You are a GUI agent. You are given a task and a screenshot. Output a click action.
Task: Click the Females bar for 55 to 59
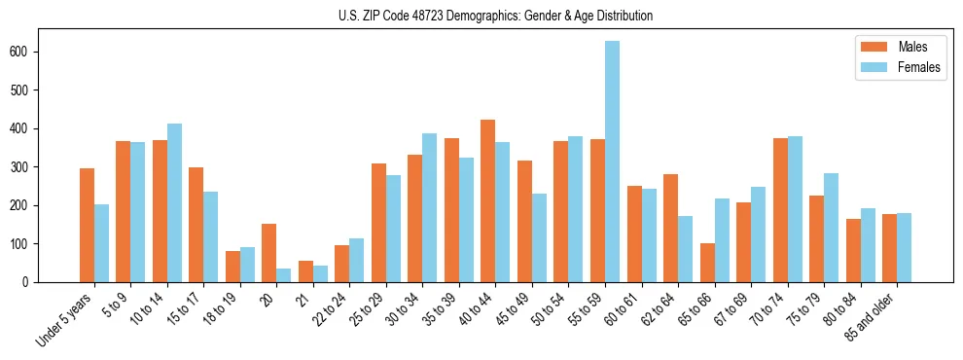pos(612,162)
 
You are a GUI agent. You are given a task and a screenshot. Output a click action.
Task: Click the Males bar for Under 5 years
pos(88,226)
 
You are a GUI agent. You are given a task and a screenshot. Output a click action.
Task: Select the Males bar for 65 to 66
pos(707,263)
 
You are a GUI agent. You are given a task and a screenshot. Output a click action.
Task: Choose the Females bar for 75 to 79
pos(831,228)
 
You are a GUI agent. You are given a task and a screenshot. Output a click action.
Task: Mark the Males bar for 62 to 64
pos(670,229)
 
